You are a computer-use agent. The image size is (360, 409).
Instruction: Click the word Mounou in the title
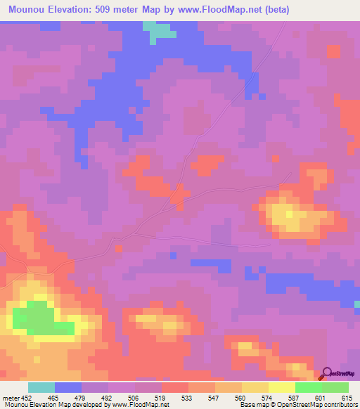pyautogui.click(x=28, y=10)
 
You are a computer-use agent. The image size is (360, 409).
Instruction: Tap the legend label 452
pyautogui.click(x=27, y=397)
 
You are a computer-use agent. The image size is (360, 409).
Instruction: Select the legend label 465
pyautogui.click(x=53, y=397)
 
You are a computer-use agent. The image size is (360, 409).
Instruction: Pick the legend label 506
pyautogui.click(x=134, y=397)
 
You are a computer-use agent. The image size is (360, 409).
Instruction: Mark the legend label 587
pyautogui.click(x=295, y=397)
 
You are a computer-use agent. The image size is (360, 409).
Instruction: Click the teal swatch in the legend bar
pyautogui.click(x=41, y=387)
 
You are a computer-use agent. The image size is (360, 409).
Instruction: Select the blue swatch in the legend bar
pyautogui.click(x=68, y=387)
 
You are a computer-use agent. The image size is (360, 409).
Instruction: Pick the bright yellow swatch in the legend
pyautogui.click(x=282, y=387)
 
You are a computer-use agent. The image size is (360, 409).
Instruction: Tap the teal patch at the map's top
pyautogui.click(x=160, y=29)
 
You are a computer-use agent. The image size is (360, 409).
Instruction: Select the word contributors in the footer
pyautogui.click(x=340, y=405)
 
